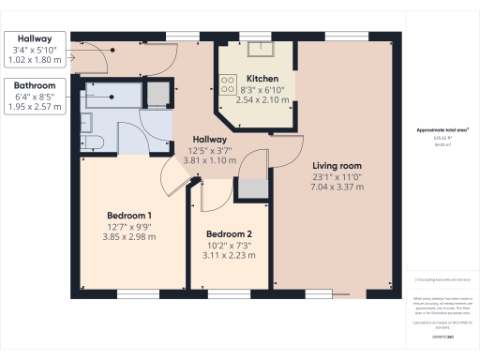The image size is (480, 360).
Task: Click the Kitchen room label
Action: [256, 78]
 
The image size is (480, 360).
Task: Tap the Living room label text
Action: [337, 164]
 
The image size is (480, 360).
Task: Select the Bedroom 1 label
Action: [130, 215]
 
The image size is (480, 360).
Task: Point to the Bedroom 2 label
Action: [230, 233]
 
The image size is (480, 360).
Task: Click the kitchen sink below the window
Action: [255, 52]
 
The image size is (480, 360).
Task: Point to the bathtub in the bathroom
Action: [112, 93]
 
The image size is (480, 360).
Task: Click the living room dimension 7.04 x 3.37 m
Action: [337, 187]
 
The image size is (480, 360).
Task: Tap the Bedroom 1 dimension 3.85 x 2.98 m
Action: [130, 237]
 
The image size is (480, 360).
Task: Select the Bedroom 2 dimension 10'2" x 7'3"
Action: [230, 245]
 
